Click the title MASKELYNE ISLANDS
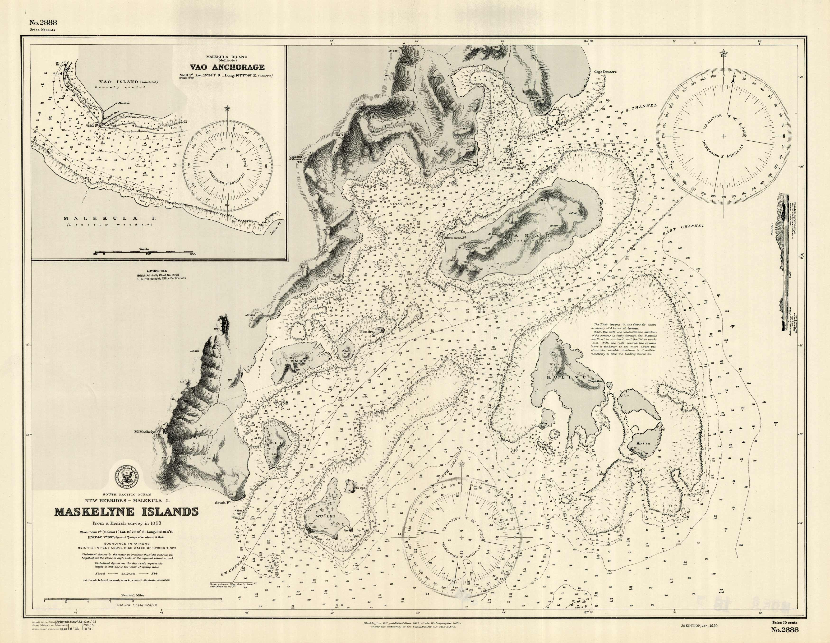127,512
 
